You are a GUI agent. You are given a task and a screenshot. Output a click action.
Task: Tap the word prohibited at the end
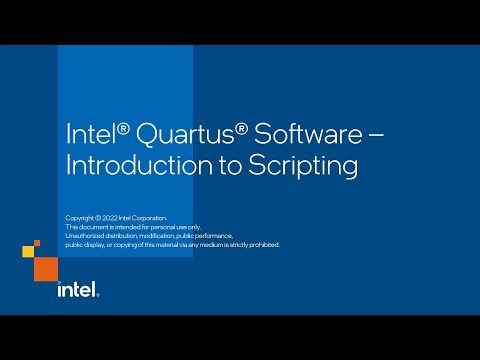tap(260, 245)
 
